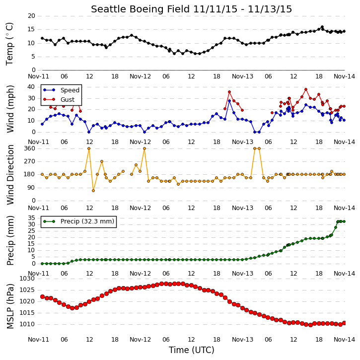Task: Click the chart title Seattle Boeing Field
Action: [141, 9]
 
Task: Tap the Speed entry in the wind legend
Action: [70, 90]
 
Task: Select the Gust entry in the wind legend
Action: [68, 100]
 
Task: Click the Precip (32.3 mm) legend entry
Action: [87, 221]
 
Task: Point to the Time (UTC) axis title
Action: [192, 350]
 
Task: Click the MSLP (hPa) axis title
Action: [10, 306]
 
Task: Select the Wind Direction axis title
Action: [10, 175]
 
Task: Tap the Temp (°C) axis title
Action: [9, 44]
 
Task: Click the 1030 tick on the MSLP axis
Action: [27, 279]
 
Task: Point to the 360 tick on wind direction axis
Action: [30, 148]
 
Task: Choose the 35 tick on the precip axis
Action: [31, 218]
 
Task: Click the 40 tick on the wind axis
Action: [31, 87]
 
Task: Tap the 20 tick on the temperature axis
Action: [31, 16]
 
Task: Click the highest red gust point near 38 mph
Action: [306, 89]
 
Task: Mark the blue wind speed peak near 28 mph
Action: [229, 101]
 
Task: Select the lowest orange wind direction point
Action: [93, 191]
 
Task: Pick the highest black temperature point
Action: [322, 27]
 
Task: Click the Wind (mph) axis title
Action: [10, 109]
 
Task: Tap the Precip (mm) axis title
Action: [10, 241]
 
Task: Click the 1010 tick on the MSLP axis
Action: [27, 324]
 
